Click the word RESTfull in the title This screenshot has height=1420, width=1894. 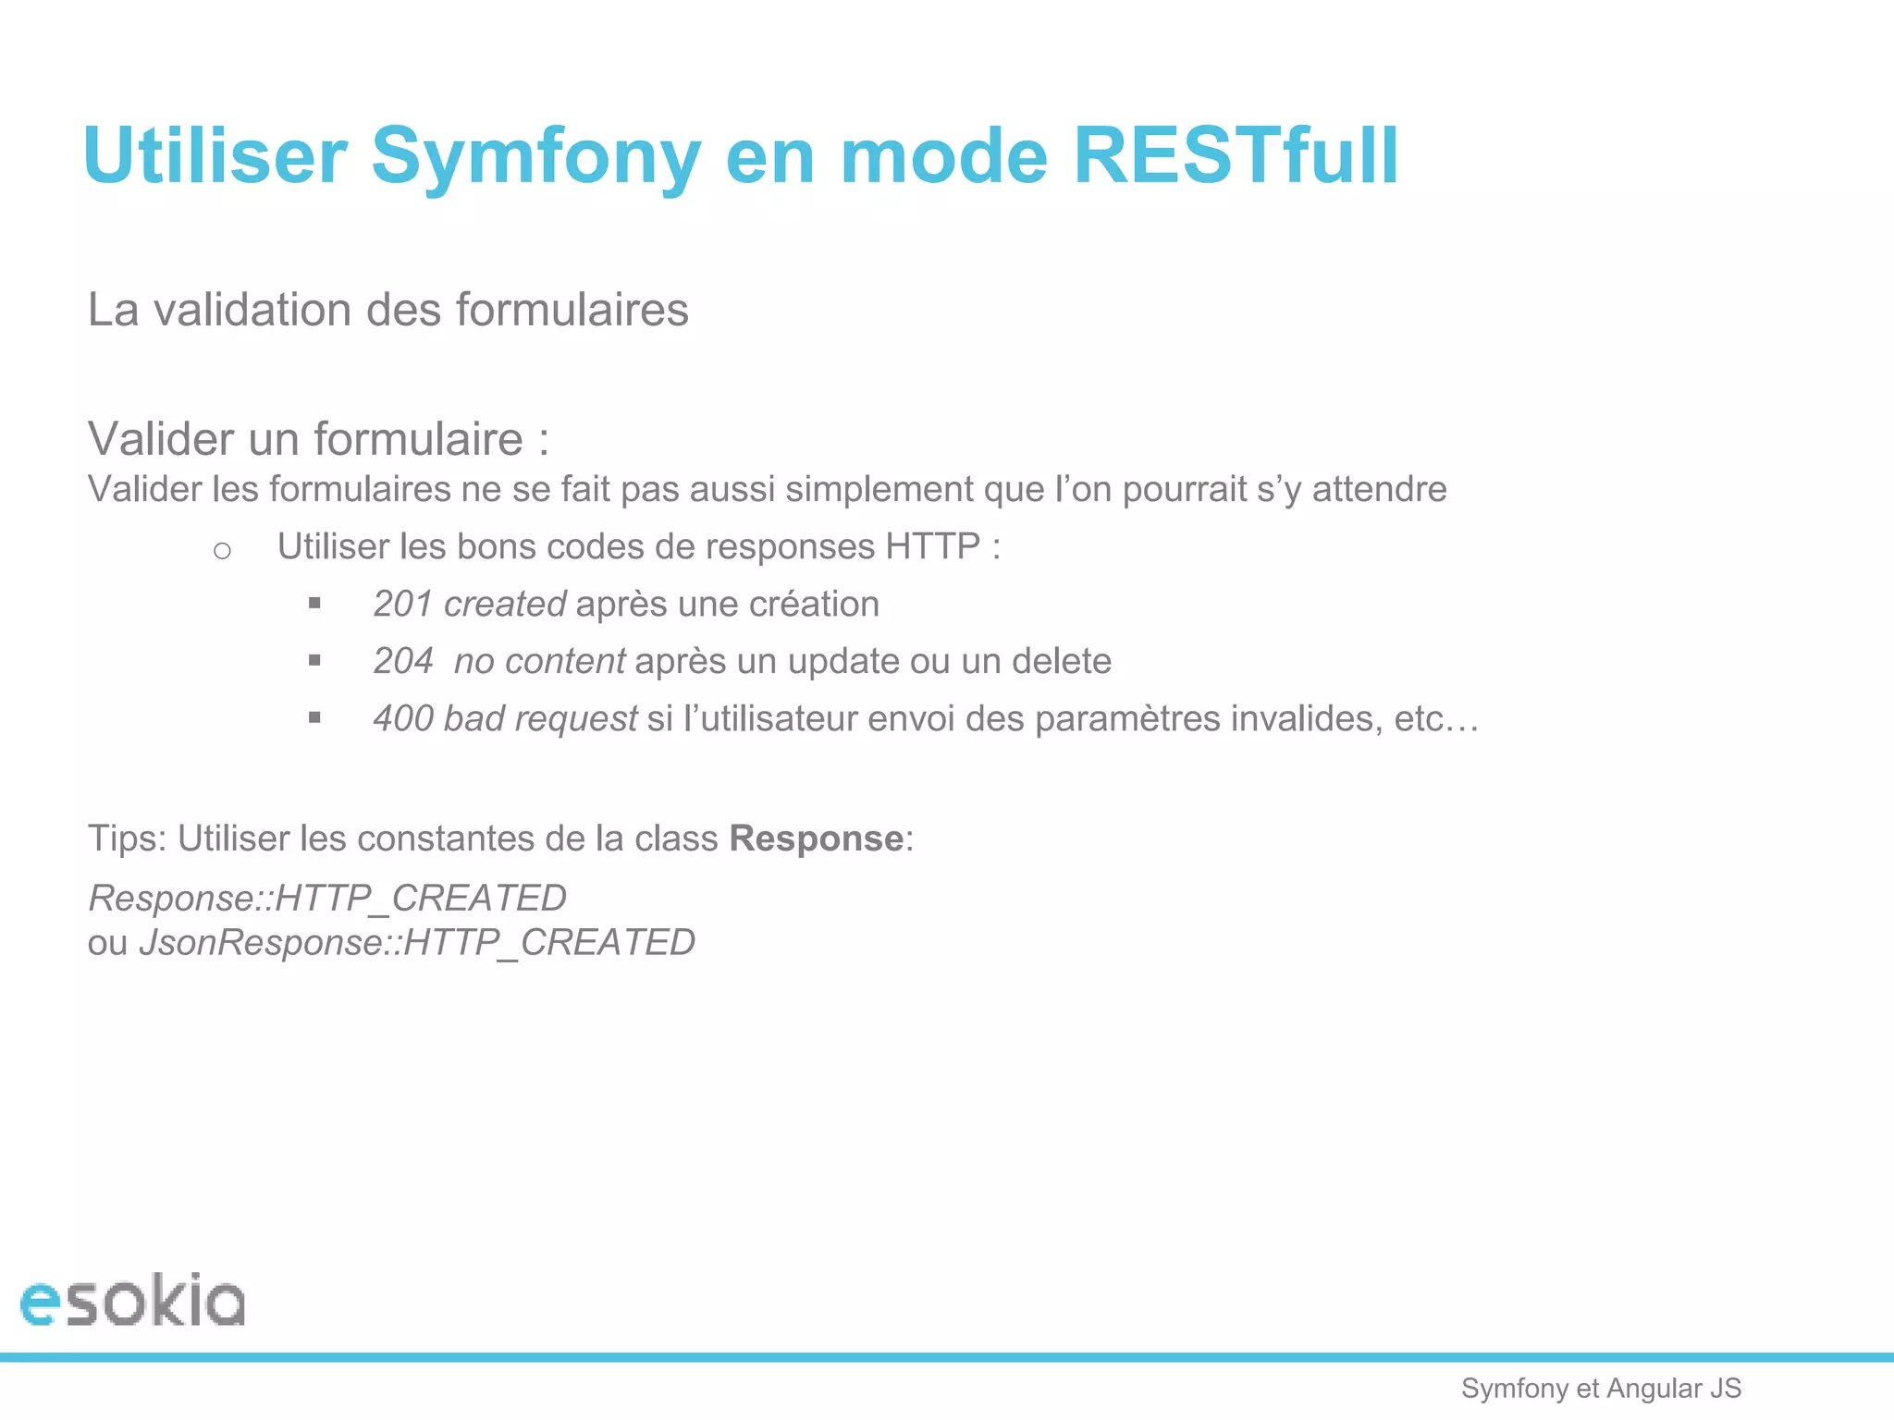point(1236,155)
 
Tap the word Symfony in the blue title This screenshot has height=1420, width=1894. point(536,157)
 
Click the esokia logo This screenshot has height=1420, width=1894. point(132,1300)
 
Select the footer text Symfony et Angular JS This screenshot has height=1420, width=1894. point(1601,1388)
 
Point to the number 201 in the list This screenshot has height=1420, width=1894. point(403,605)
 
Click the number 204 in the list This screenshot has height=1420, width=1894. point(403,662)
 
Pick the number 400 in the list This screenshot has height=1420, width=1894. point(403,719)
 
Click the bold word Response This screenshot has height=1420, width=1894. point(816,839)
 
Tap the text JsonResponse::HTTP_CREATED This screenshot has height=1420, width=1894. point(417,943)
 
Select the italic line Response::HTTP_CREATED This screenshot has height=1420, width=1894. point(327,898)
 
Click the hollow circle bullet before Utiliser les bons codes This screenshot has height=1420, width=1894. point(222,551)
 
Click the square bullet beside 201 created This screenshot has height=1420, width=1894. point(314,604)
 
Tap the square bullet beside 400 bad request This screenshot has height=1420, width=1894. point(314,717)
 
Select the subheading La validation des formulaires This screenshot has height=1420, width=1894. point(387,310)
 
